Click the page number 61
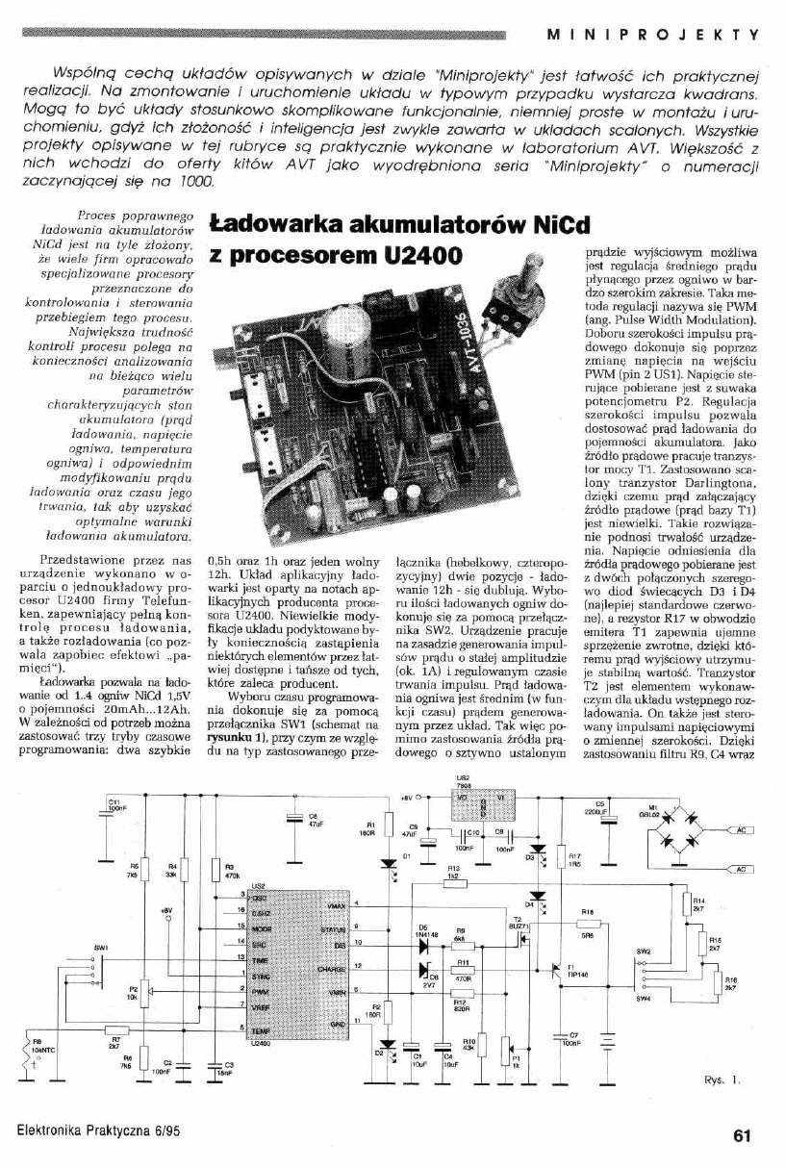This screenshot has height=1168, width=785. [741, 1135]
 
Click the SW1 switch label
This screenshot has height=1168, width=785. [100, 948]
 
